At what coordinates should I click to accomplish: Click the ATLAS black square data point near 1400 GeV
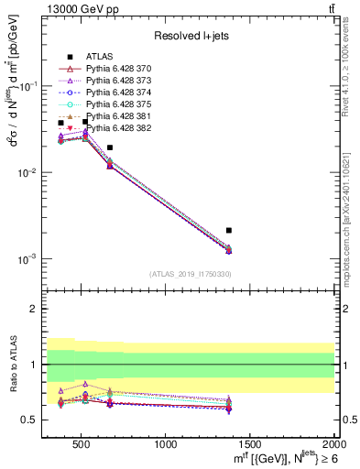(x=229, y=230)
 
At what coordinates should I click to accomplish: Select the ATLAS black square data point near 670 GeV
(x=110, y=147)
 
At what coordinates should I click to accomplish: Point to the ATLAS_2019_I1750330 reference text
(x=191, y=274)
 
